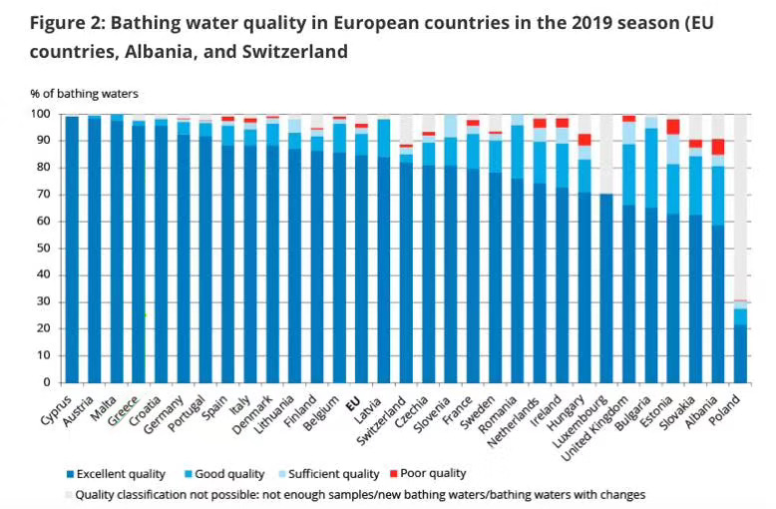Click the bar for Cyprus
(72, 250)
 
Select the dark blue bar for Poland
(741, 353)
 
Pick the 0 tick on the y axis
(47, 382)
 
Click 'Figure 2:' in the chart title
(67, 22)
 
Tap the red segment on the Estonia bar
(674, 127)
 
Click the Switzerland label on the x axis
(385, 424)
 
